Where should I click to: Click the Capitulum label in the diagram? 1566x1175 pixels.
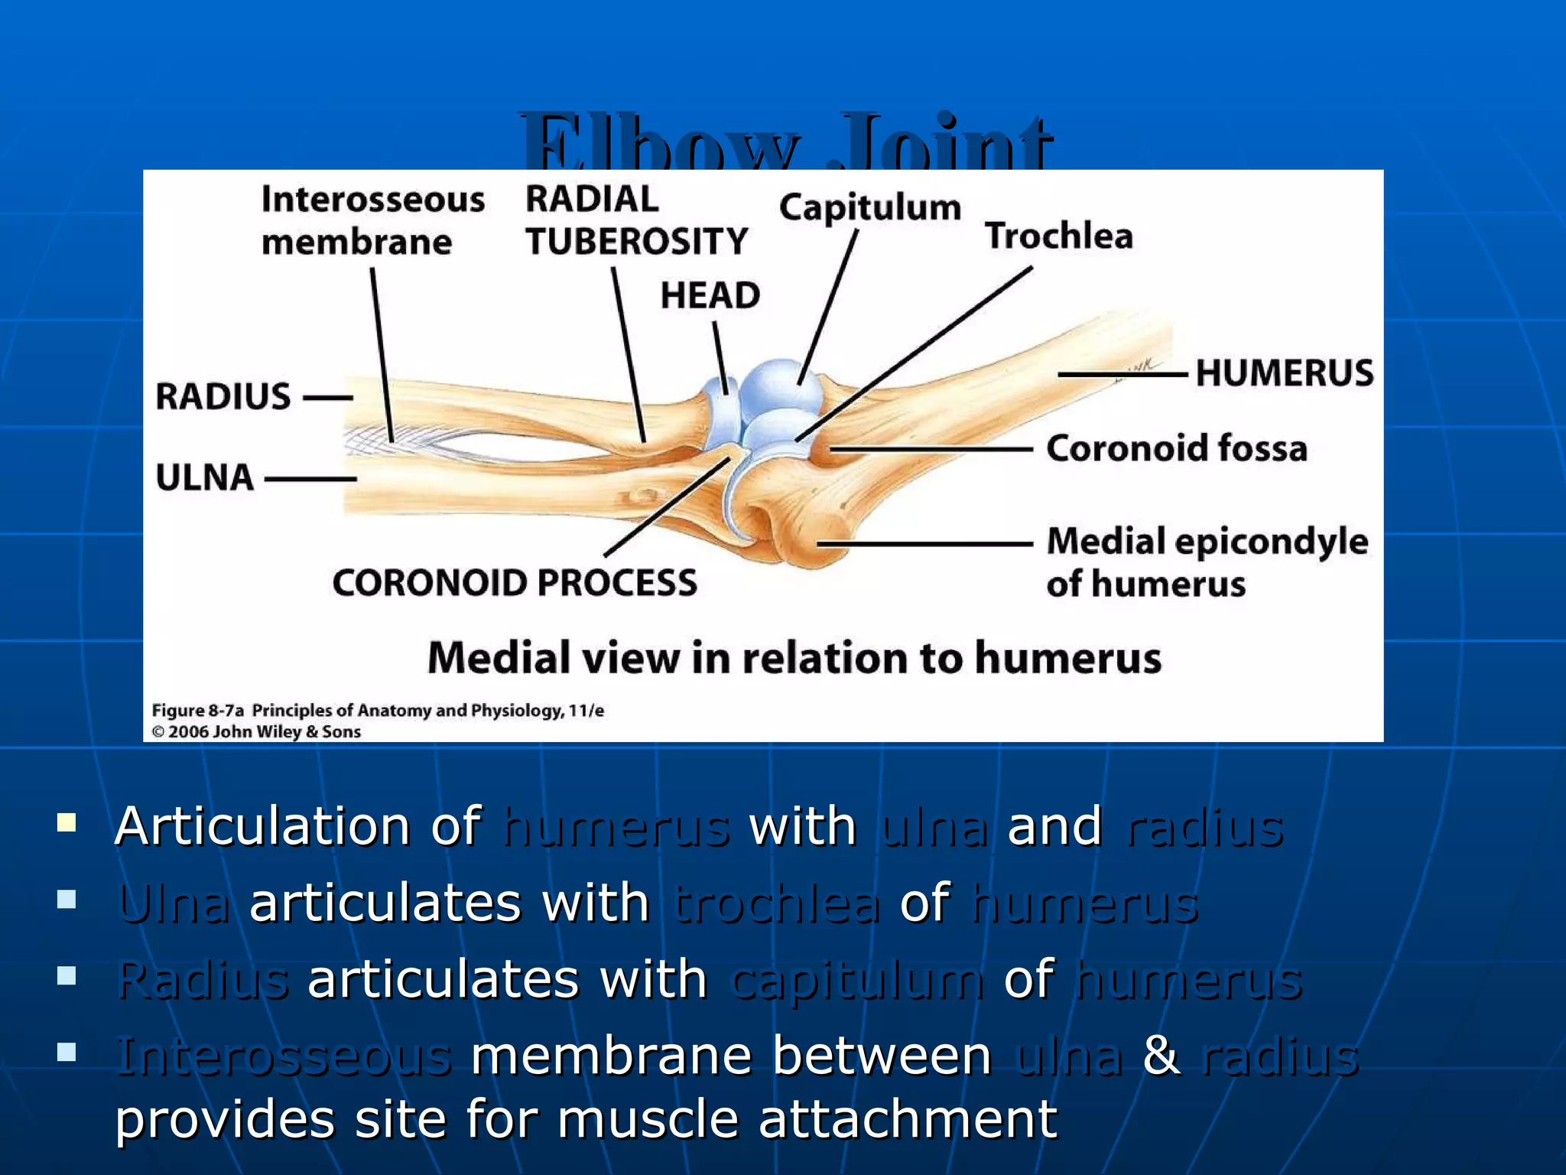(x=869, y=208)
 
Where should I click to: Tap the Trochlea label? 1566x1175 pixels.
(x=1058, y=236)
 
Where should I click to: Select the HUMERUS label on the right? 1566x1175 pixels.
(x=1284, y=373)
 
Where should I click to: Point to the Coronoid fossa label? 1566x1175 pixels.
(x=1176, y=448)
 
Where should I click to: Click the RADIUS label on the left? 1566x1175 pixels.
(x=223, y=397)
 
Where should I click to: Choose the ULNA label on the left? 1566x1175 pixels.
(x=205, y=477)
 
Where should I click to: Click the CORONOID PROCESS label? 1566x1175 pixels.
(x=515, y=583)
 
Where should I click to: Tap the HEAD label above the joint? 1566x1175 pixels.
(x=710, y=295)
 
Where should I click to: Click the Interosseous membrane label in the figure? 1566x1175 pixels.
(x=372, y=220)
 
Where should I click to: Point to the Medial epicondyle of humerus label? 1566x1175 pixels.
(x=1206, y=562)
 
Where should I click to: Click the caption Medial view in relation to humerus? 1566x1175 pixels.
(x=794, y=658)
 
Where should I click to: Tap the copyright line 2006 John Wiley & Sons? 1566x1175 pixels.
(x=256, y=732)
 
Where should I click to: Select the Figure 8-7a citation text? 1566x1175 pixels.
(x=378, y=711)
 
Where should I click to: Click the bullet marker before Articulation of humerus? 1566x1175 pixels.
(x=67, y=823)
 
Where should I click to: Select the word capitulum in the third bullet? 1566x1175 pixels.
(x=856, y=980)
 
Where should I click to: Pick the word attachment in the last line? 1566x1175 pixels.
(x=908, y=1120)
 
